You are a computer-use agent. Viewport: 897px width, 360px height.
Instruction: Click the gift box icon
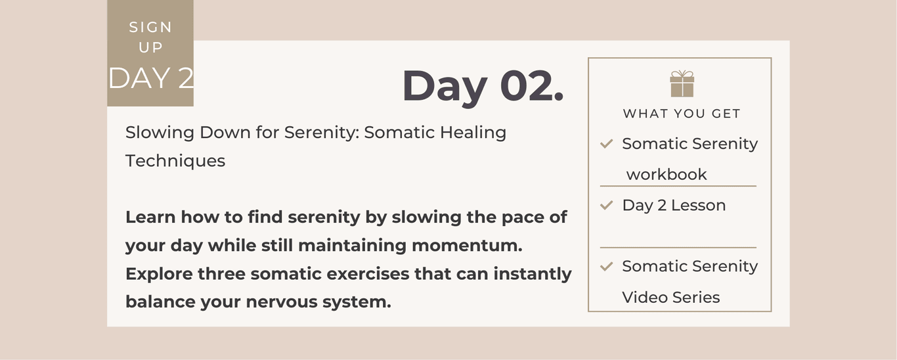click(x=682, y=83)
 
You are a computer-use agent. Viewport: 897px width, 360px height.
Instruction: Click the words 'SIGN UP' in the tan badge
click(x=150, y=37)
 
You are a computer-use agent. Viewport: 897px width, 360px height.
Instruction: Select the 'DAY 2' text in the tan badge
click(x=151, y=78)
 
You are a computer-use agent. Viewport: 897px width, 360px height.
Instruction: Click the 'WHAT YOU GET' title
click(x=682, y=114)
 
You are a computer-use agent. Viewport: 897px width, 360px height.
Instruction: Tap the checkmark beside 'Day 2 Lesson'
click(x=607, y=205)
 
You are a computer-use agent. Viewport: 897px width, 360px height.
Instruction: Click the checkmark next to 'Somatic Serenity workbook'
click(x=607, y=143)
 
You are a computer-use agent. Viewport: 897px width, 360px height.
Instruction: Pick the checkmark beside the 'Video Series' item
click(x=607, y=266)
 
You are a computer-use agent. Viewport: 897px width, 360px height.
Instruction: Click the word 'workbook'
click(x=667, y=175)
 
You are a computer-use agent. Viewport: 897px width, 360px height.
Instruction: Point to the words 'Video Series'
click(x=670, y=298)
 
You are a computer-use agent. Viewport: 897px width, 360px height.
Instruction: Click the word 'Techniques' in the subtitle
click(x=175, y=162)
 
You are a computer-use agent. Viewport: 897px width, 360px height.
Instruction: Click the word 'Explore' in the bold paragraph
click(x=159, y=275)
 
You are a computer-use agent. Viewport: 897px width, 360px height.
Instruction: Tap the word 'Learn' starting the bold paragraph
click(x=150, y=217)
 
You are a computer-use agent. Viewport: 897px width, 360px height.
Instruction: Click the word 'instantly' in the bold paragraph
click(x=533, y=275)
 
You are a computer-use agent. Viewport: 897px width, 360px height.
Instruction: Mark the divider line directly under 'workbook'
click(x=678, y=186)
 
